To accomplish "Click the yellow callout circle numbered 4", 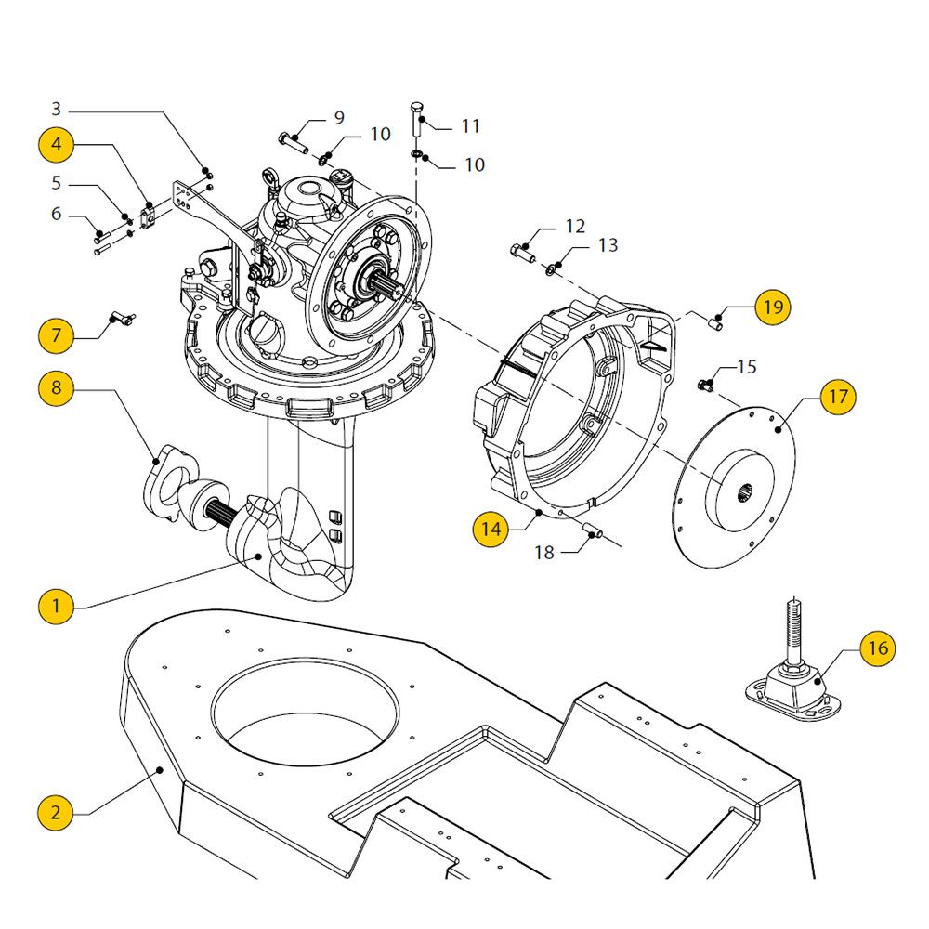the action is pyautogui.click(x=57, y=145).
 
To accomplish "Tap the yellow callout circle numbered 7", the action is pyautogui.click(x=57, y=335).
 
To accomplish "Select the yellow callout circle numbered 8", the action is pyautogui.click(x=57, y=388).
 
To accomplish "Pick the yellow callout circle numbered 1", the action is pyautogui.click(x=57, y=606).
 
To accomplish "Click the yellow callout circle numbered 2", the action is pyautogui.click(x=57, y=812).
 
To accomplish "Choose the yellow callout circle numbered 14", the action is pyautogui.click(x=491, y=529).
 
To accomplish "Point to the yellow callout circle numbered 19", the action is pyautogui.click(x=773, y=307).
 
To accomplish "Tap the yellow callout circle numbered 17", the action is pyautogui.click(x=838, y=397).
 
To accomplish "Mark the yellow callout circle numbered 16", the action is pyautogui.click(x=878, y=648).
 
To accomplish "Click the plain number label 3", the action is pyautogui.click(x=57, y=109).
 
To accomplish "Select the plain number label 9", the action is pyautogui.click(x=339, y=118).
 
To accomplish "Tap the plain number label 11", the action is pyautogui.click(x=470, y=126).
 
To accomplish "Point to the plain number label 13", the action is pyautogui.click(x=608, y=245).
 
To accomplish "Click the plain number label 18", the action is pyautogui.click(x=543, y=553).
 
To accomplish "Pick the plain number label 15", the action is pyautogui.click(x=747, y=367).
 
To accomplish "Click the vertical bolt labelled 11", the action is pyautogui.click(x=416, y=120).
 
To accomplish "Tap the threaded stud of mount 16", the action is pyautogui.click(x=793, y=631).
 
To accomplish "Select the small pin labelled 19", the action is pyautogui.click(x=716, y=324).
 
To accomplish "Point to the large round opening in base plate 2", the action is pyautogui.click(x=305, y=711).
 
